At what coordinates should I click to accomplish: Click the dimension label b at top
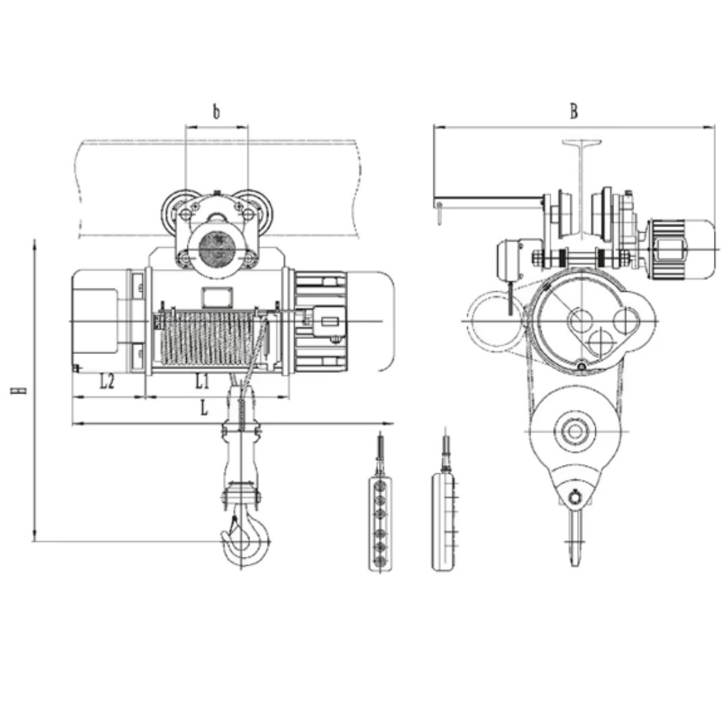click(216, 112)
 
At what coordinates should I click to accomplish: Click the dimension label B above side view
click(574, 111)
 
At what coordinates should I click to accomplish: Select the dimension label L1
click(202, 381)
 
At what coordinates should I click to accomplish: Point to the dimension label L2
click(107, 381)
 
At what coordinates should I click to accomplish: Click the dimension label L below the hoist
click(204, 408)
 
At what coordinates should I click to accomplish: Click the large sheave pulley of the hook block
click(575, 431)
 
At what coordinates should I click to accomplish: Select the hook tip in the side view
click(575, 565)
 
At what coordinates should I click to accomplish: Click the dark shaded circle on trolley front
click(217, 249)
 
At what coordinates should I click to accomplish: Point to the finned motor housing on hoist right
click(320, 322)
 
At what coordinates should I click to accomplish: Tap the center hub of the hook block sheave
click(575, 431)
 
